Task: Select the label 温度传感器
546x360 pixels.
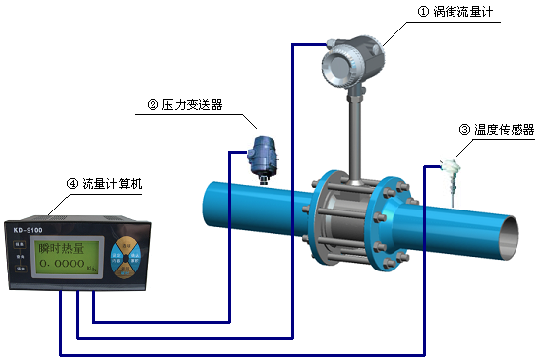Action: click(x=503, y=129)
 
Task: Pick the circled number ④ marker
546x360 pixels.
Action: click(x=72, y=183)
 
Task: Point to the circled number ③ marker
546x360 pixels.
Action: click(x=464, y=129)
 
